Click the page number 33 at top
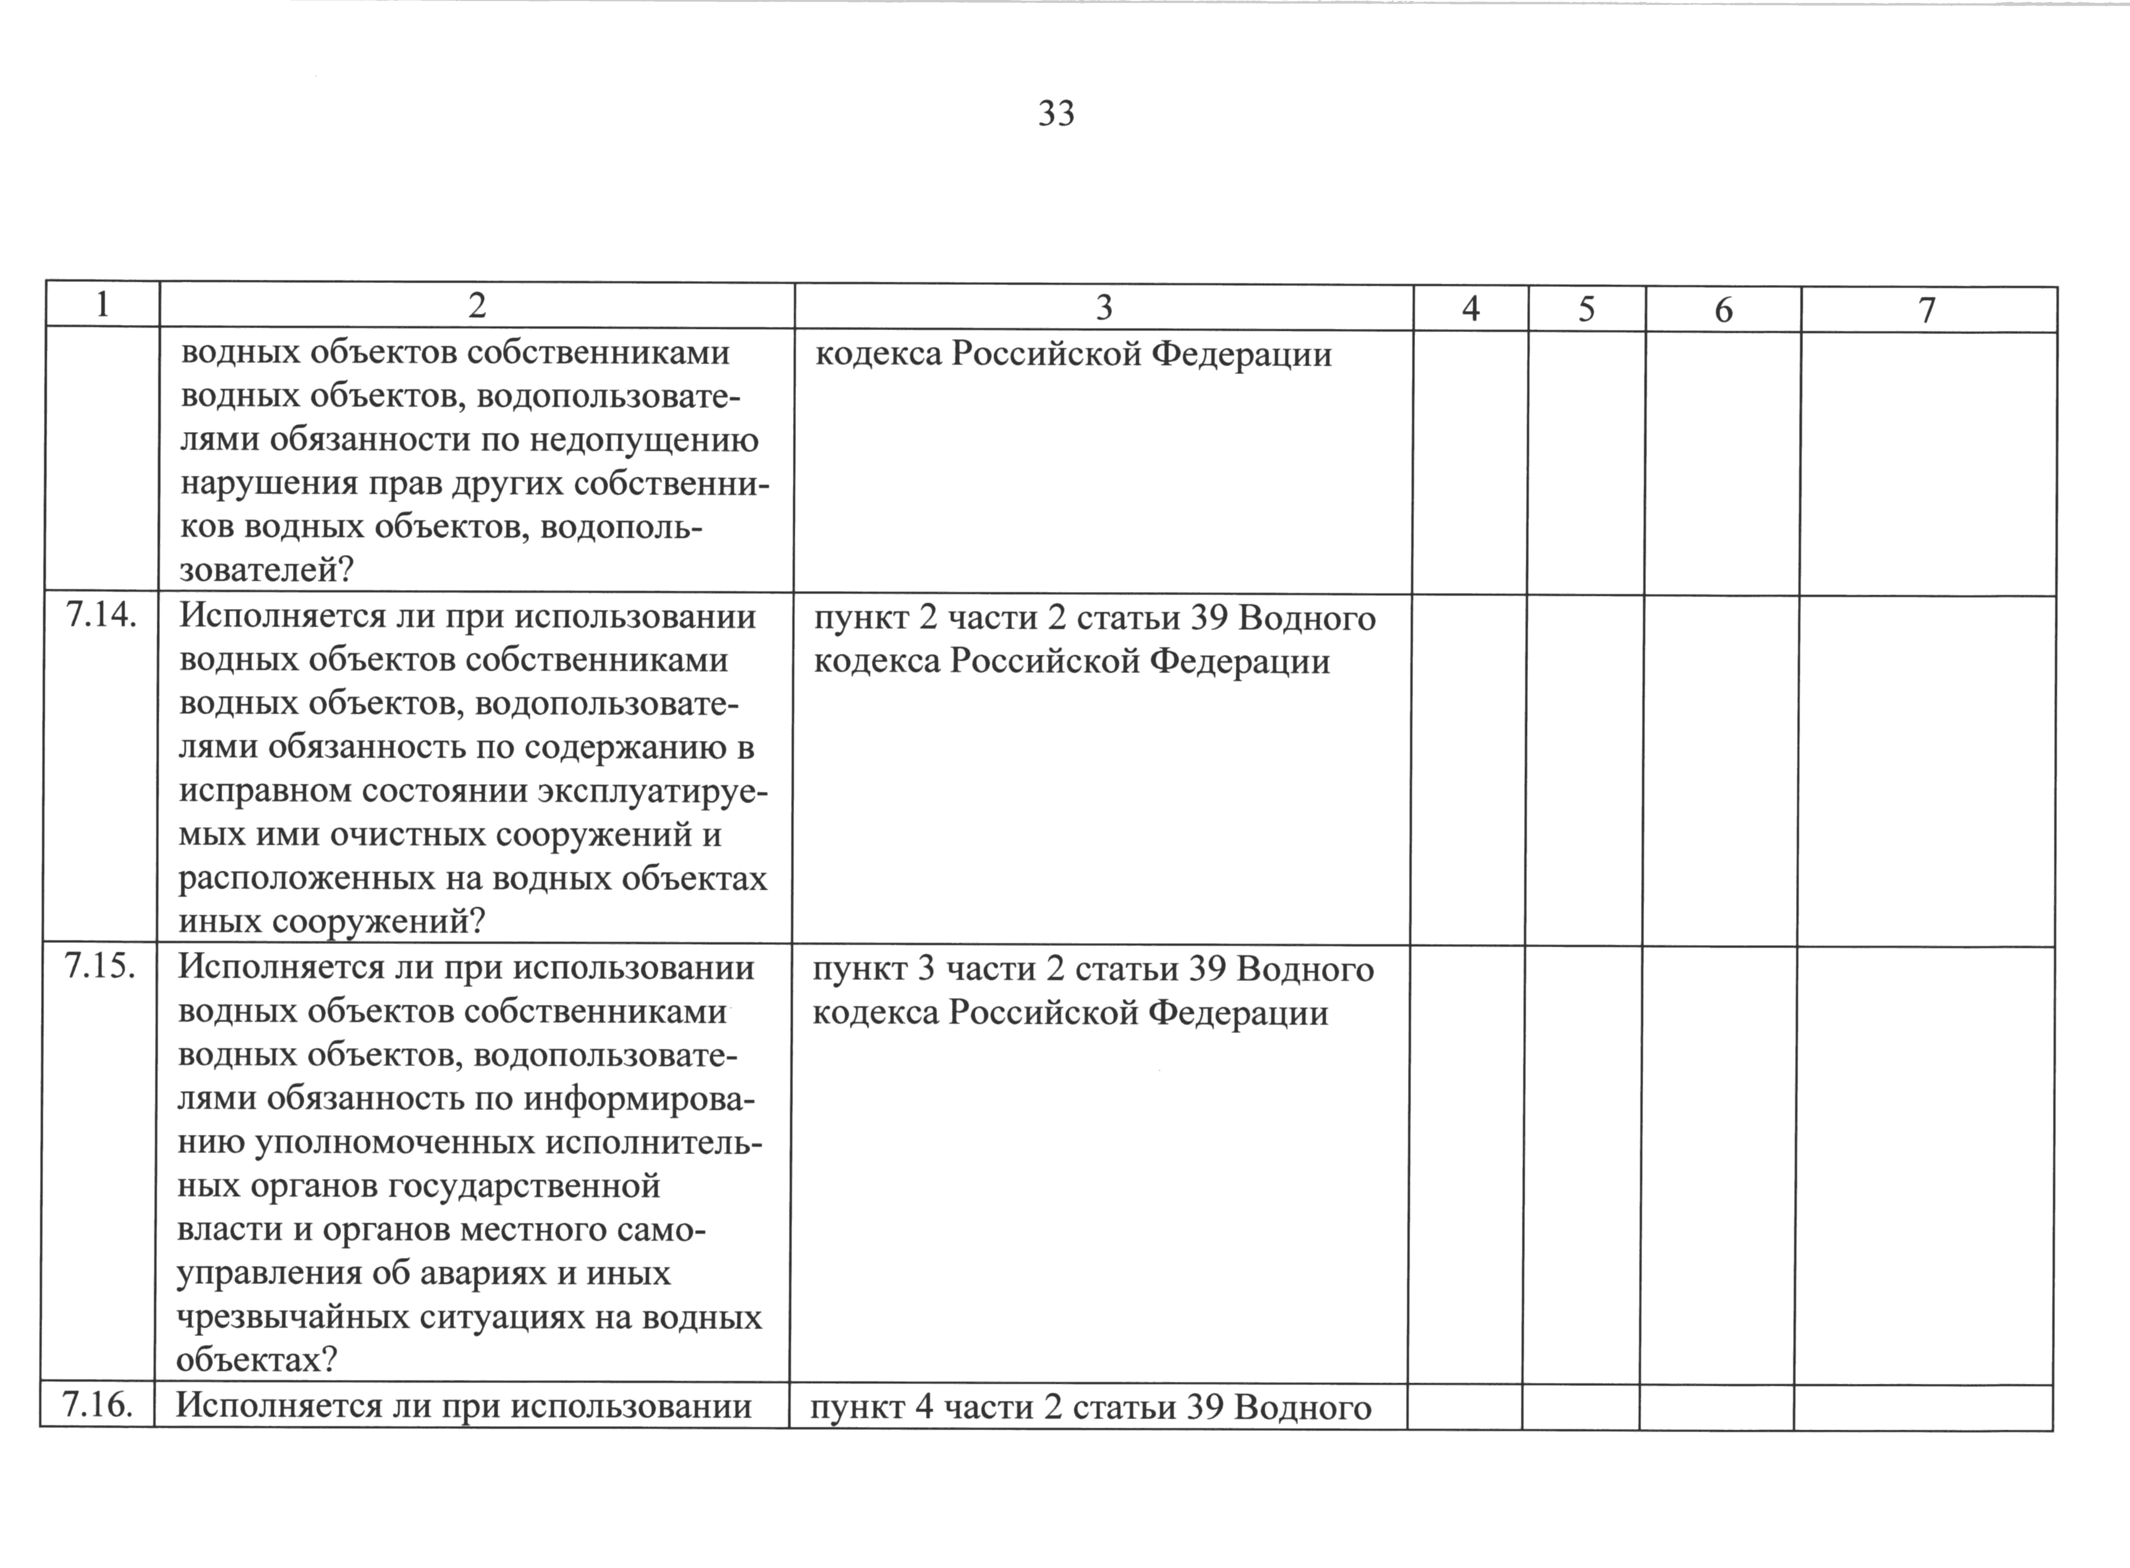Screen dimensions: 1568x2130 pos(1056,114)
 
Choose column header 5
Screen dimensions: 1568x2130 pos(1586,310)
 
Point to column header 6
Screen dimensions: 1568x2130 pos(1723,311)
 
